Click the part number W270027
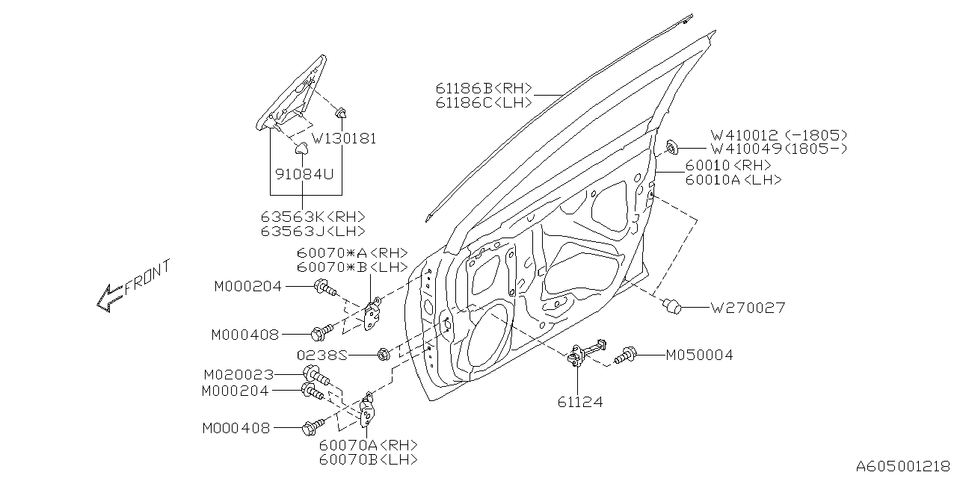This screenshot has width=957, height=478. pyautogui.click(x=747, y=307)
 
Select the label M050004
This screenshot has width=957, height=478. pyautogui.click(x=699, y=356)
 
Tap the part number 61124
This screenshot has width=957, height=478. pyautogui.click(x=579, y=403)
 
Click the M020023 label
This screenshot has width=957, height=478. pyautogui.click(x=239, y=374)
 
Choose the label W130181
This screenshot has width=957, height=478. pyautogui.click(x=344, y=139)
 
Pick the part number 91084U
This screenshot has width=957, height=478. pyautogui.click(x=302, y=173)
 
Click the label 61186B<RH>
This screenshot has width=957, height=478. pyautogui.click(x=484, y=88)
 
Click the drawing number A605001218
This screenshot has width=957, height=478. pyautogui.click(x=904, y=466)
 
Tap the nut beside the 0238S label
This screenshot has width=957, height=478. pyautogui.click(x=383, y=354)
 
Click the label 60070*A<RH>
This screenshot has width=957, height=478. pyautogui.click(x=351, y=252)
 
